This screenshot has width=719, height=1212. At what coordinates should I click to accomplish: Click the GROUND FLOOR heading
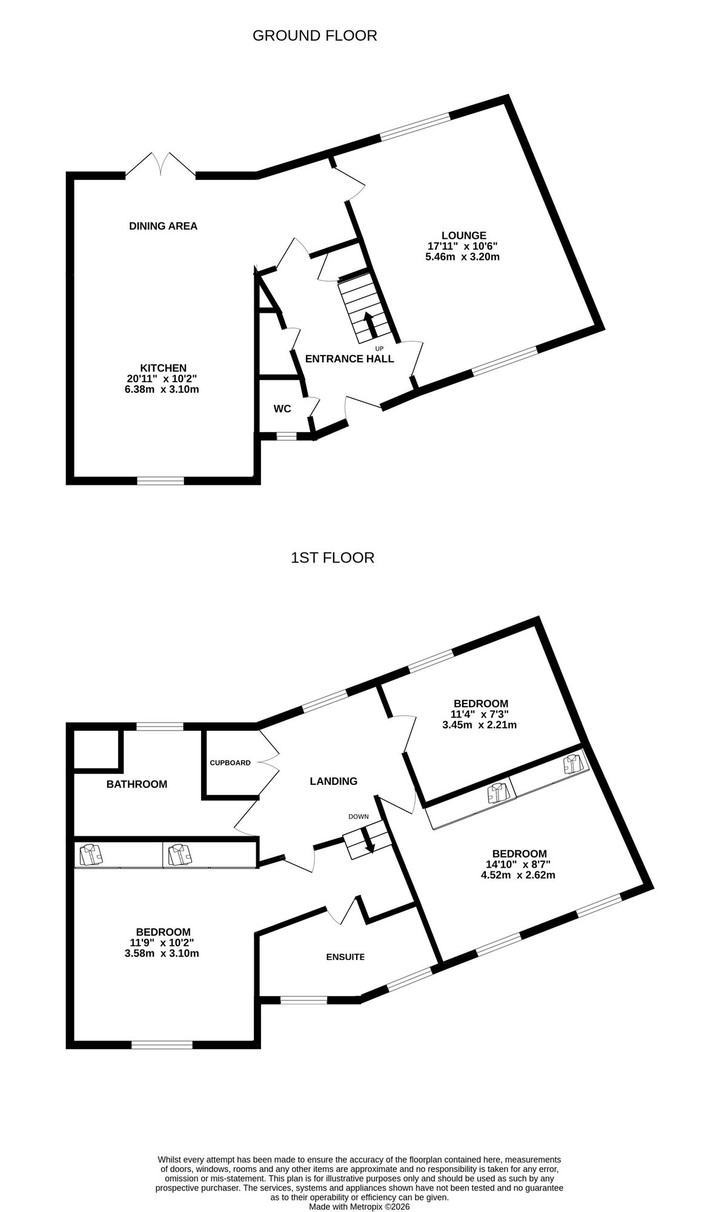(314, 36)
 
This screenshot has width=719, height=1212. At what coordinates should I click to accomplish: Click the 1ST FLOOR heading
(333, 558)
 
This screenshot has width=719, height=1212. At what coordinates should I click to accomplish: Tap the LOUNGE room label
(463, 235)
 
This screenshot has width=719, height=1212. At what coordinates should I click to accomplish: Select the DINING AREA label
(163, 226)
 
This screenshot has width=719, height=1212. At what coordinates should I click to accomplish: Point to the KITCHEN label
(163, 368)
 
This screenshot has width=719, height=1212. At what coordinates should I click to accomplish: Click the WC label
(282, 409)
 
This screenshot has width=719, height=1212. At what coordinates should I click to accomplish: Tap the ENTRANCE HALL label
(350, 359)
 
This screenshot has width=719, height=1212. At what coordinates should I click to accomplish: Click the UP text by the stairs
(379, 348)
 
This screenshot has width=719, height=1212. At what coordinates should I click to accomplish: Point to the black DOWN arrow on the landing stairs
(368, 841)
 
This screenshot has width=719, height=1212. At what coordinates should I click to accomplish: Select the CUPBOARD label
(230, 763)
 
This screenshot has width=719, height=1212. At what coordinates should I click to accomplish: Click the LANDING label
(333, 781)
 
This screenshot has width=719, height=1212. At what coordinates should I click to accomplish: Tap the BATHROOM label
(136, 784)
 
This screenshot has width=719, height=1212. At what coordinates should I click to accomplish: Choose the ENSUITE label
(345, 957)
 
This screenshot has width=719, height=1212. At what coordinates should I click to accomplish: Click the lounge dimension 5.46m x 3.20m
(462, 256)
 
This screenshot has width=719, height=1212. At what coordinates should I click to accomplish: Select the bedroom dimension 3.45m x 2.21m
(480, 725)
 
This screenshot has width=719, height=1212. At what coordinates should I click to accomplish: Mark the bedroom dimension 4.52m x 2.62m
(519, 875)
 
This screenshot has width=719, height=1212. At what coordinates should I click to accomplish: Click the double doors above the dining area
(161, 164)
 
